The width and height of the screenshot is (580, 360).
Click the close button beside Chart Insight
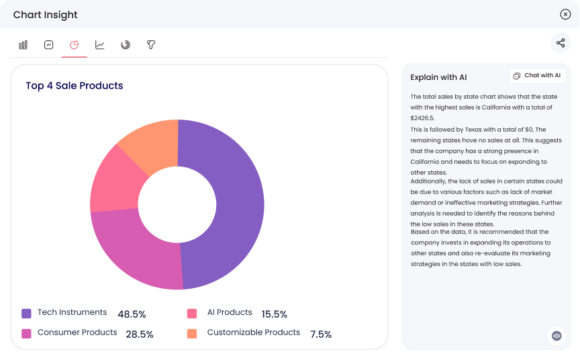point(565,14)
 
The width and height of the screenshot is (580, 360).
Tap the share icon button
point(561,44)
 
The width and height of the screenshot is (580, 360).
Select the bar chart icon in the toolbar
point(23,45)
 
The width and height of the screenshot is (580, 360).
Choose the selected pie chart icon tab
point(75,45)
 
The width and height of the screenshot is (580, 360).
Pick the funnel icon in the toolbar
point(151,45)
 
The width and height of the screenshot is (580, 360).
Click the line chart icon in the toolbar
point(100,45)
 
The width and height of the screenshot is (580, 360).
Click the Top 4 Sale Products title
point(75,86)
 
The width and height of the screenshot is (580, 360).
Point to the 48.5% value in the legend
point(132,314)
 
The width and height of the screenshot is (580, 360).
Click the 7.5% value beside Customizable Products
point(321,334)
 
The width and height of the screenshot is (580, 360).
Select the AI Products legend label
point(230,312)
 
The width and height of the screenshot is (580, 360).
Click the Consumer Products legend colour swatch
point(27,333)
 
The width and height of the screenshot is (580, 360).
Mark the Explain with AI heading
point(438,77)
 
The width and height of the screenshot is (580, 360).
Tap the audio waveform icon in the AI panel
point(557,335)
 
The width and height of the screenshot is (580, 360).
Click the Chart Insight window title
point(46,15)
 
